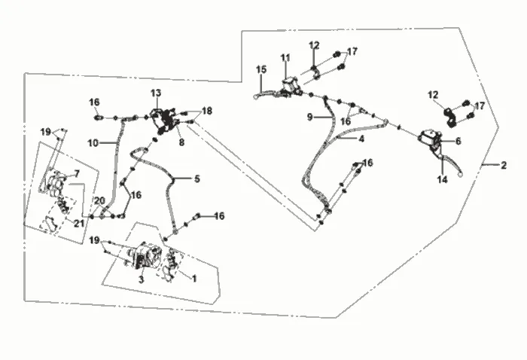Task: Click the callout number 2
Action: [x=503, y=165]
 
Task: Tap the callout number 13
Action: [x=156, y=93]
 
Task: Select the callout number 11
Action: [x=285, y=58]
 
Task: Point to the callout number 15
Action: [x=260, y=69]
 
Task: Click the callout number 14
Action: [x=443, y=179]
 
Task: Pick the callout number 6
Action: [x=458, y=141]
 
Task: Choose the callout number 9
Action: [x=310, y=117]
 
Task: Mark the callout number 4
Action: [x=361, y=139]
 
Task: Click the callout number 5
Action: [x=197, y=178]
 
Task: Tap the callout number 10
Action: [x=93, y=143]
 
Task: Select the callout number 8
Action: [x=181, y=142]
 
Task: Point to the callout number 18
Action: [x=207, y=111]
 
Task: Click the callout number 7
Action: [x=77, y=174]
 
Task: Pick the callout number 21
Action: [x=79, y=223]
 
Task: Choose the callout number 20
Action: [x=99, y=201]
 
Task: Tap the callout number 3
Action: [x=142, y=279]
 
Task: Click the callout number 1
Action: [x=194, y=279]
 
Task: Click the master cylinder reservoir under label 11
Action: [x=290, y=85]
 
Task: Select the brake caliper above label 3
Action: [x=147, y=257]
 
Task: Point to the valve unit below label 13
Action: [x=164, y=121]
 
